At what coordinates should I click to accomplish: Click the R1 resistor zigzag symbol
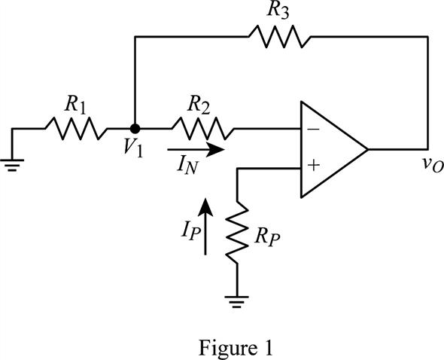click(x=76, y=128)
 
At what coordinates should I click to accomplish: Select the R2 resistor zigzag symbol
click(x=202, y=128)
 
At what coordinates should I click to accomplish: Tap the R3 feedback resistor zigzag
click(x=280, y=37)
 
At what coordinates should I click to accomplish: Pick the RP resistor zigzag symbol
click(x=237, y=233)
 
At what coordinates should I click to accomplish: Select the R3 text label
click(x=278, y=11)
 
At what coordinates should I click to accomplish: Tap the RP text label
click(x=267, y=237)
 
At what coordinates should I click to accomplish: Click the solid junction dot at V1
click(x=135, y=129)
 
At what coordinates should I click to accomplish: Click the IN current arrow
click(x=196, y=150)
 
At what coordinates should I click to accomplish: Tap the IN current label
click(x=187, y=166)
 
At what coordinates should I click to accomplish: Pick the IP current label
click(x=191, y=233)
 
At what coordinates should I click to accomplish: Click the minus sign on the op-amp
click(x=313, y=130)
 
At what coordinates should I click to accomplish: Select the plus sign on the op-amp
click(x=314, y=165)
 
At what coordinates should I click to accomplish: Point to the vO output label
click(x=433, y=166)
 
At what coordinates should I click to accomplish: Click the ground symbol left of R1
click(x=12, y=165)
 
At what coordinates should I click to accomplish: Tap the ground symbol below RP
click(x=237, y=302)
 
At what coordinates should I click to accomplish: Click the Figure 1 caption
click(x=236, y=347)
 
